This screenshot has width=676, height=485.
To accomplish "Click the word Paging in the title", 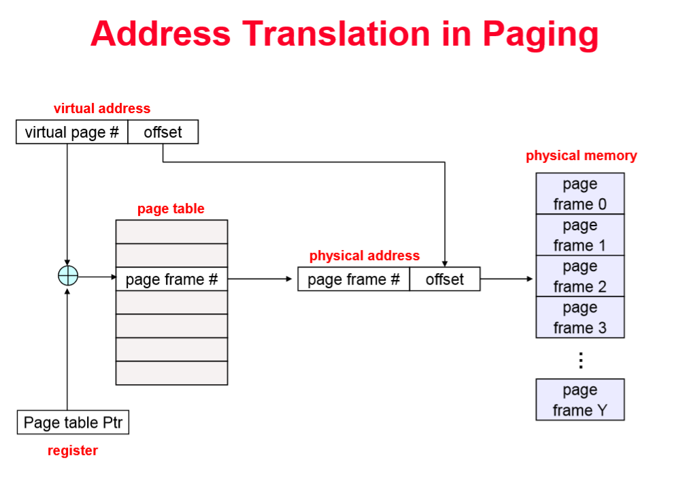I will coord(541,34).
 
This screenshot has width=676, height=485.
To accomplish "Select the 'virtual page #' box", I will coord(71,132).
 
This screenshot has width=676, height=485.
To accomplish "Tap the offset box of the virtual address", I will coord(163,132).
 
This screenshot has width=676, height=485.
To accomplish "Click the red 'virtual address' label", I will coord(102,108).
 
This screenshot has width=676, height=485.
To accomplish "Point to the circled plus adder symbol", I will coord(67,276).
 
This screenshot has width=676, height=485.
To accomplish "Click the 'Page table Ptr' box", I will coord(73,422).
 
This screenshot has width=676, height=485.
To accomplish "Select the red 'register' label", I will coord(73,450).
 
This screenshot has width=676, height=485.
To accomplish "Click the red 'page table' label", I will coord(171,209).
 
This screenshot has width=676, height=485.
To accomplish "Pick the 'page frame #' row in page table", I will coord(171,279).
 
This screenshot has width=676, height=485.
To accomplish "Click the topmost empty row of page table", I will coord(171,232).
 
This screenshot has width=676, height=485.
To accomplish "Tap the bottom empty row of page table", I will coord(171,373).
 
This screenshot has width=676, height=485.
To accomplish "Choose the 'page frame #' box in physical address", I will coord(353,279).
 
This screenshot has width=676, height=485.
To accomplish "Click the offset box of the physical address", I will coord(445,279).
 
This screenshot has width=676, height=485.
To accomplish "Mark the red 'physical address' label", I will coord(365,256).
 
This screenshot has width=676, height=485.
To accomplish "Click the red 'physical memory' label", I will coord(581,156).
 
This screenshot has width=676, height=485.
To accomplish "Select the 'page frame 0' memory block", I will coord(579,194).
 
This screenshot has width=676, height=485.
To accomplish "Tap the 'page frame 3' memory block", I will coord(579,317).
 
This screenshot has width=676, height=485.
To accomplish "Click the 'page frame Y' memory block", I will coord(579,400).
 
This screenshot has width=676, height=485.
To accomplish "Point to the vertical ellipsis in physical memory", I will coord(580,360).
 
